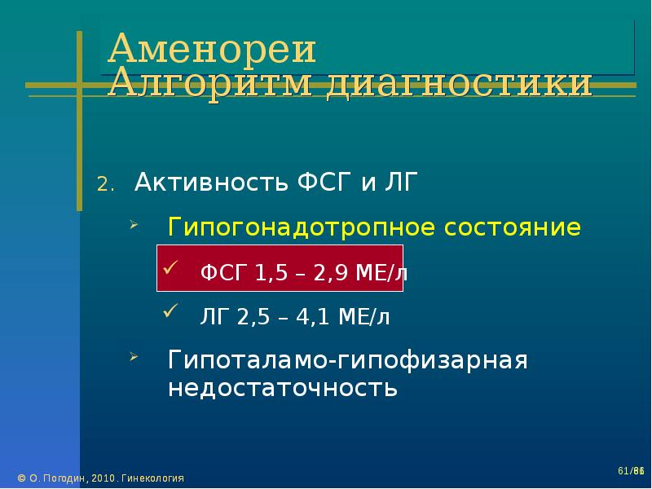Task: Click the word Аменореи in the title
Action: click(x=212, y=48)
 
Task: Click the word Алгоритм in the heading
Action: click(x=210, y=83)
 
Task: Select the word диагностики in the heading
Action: click(x=459, y=84)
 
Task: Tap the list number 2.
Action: click(x=106, y=184)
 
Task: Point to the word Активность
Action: click(x=211, y=182)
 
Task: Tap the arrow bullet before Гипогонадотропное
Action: click(x=134, y=226)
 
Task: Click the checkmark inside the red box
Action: click(x=170, y=267)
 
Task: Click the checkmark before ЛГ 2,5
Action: click(x=170, y=311)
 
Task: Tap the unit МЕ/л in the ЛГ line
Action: click(x=364, y=317)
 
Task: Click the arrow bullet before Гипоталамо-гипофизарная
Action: click(x=134, y=356)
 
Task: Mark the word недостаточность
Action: click(x=283, y=388)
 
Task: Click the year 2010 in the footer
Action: click(x=104, y=478)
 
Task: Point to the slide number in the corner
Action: click(x=631, y=471)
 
